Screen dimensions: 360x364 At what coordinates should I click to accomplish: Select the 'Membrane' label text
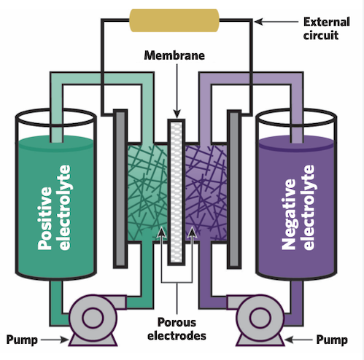click(176, 55)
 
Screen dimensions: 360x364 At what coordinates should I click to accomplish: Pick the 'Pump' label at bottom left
click(21, 340)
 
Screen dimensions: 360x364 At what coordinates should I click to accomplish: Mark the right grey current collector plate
click(235, 189)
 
